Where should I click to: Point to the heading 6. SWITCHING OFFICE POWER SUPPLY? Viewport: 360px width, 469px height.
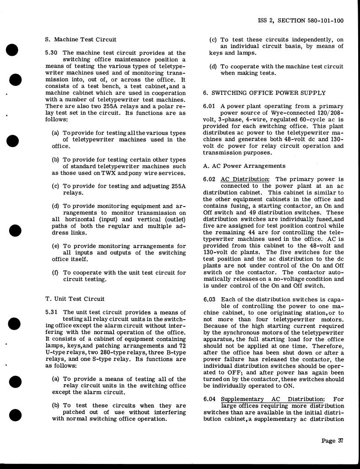click(265, 93)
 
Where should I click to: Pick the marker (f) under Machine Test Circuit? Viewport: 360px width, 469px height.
click(55, 273)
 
